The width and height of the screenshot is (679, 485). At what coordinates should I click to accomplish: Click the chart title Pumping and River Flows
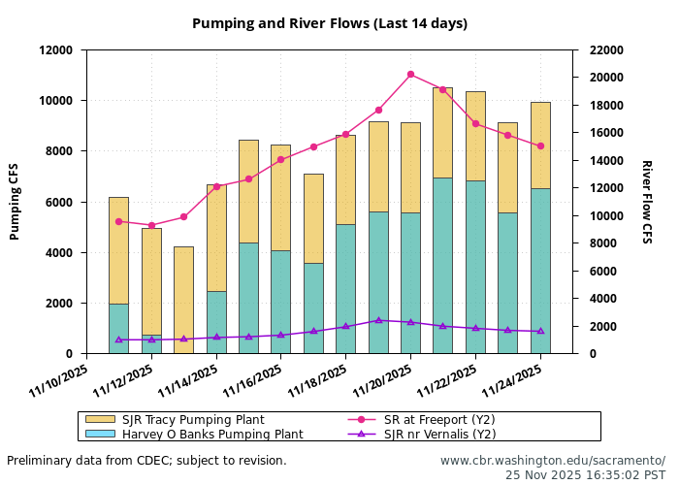coord(329,23)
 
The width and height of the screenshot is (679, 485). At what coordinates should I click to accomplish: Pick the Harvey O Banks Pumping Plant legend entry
coord(211,435)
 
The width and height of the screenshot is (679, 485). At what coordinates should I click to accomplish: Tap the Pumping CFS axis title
coord(15,202)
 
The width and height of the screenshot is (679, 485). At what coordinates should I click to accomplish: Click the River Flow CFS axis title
coord(646,202)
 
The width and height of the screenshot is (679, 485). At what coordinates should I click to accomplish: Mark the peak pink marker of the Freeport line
coord(410,74)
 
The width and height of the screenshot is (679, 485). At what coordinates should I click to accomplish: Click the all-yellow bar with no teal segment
coord(183,299)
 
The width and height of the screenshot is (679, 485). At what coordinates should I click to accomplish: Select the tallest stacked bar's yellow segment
coord(442,132)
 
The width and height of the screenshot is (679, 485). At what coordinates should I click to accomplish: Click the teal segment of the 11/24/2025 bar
coord(540,271)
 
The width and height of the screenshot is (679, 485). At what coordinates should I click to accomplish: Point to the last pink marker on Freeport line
coord(540,145)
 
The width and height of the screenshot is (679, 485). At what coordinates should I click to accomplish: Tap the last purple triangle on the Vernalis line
coord(540,332)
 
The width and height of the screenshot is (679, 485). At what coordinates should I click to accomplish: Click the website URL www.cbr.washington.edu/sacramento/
coord(552,460)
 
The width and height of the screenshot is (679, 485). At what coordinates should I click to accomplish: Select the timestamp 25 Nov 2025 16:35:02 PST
coord(585,475)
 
